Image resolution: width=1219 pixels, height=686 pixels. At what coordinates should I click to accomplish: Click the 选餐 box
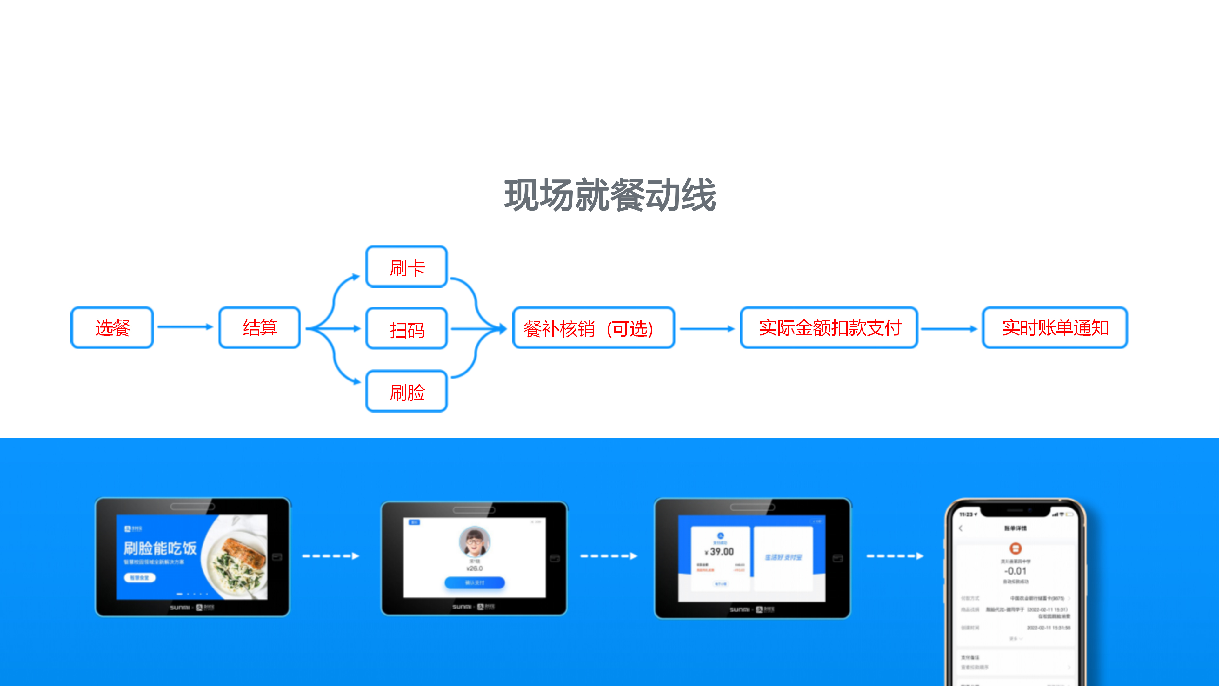pos(112,328)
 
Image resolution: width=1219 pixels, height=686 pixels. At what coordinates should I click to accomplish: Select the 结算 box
pos(259,328)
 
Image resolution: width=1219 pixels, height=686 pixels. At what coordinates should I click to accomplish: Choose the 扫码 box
pos(406,329)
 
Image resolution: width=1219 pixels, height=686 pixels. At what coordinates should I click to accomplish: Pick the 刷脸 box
pos(406,392)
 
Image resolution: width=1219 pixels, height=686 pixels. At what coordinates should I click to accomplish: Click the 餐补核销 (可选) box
pos(593,328)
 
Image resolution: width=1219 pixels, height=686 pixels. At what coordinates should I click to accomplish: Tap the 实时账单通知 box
pos(1055,328)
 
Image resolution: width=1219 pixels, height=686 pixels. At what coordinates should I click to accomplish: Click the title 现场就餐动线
pos(609,195)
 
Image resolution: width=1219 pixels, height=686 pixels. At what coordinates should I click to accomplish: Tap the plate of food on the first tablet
pos(236,561)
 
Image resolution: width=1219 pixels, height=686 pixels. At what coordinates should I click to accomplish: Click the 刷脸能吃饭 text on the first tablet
pos(160,548)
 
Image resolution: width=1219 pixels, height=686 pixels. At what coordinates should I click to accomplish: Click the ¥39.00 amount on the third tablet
pos(720,552)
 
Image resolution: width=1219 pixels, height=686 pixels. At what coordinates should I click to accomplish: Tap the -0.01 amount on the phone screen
pos(1015,571)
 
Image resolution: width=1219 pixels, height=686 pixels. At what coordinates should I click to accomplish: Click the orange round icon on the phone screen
pos(1016,548)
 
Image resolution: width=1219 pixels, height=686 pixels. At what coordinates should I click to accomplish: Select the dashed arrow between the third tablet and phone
pos(894,556)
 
